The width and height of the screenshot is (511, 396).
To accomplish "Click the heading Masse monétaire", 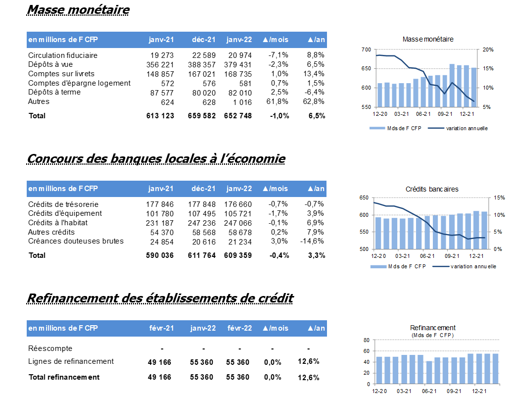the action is tap(78, 10).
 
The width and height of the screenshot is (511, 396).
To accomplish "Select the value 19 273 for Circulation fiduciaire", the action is tap(162, 55).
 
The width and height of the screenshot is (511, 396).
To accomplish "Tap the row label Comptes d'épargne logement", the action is tap(79, 83).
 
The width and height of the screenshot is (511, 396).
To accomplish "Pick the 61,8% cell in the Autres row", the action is tap(278, 102).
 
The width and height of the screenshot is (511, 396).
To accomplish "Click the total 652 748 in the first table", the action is tap(238, 116).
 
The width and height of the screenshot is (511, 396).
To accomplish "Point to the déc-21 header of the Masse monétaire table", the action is tap(204, 40).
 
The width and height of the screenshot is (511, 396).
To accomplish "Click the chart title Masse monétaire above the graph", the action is tap(428, 39).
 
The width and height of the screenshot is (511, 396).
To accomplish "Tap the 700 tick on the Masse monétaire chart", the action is tap(366, 49).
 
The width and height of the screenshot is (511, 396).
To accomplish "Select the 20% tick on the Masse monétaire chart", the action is tap(488, 49).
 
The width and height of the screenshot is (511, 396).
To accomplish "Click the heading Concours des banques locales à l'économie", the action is tap(156, 159).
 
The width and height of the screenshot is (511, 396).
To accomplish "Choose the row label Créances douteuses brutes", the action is tap(76, 241).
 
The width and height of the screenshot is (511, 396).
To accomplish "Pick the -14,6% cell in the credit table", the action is tap(312, 242).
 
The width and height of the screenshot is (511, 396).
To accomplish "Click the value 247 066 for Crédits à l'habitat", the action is tap(238, 223).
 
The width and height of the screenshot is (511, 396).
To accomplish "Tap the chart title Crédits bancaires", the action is tap(432, 189).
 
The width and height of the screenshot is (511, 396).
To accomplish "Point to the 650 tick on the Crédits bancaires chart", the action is tap(364, 198).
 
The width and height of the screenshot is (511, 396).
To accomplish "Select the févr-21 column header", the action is tap(162, 328).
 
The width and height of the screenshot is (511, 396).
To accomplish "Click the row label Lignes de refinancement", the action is tap(71, 361).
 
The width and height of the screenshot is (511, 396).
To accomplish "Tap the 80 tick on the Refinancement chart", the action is tap(366, 340).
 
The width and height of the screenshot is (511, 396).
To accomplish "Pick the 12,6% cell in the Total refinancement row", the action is tap(309, 378).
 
